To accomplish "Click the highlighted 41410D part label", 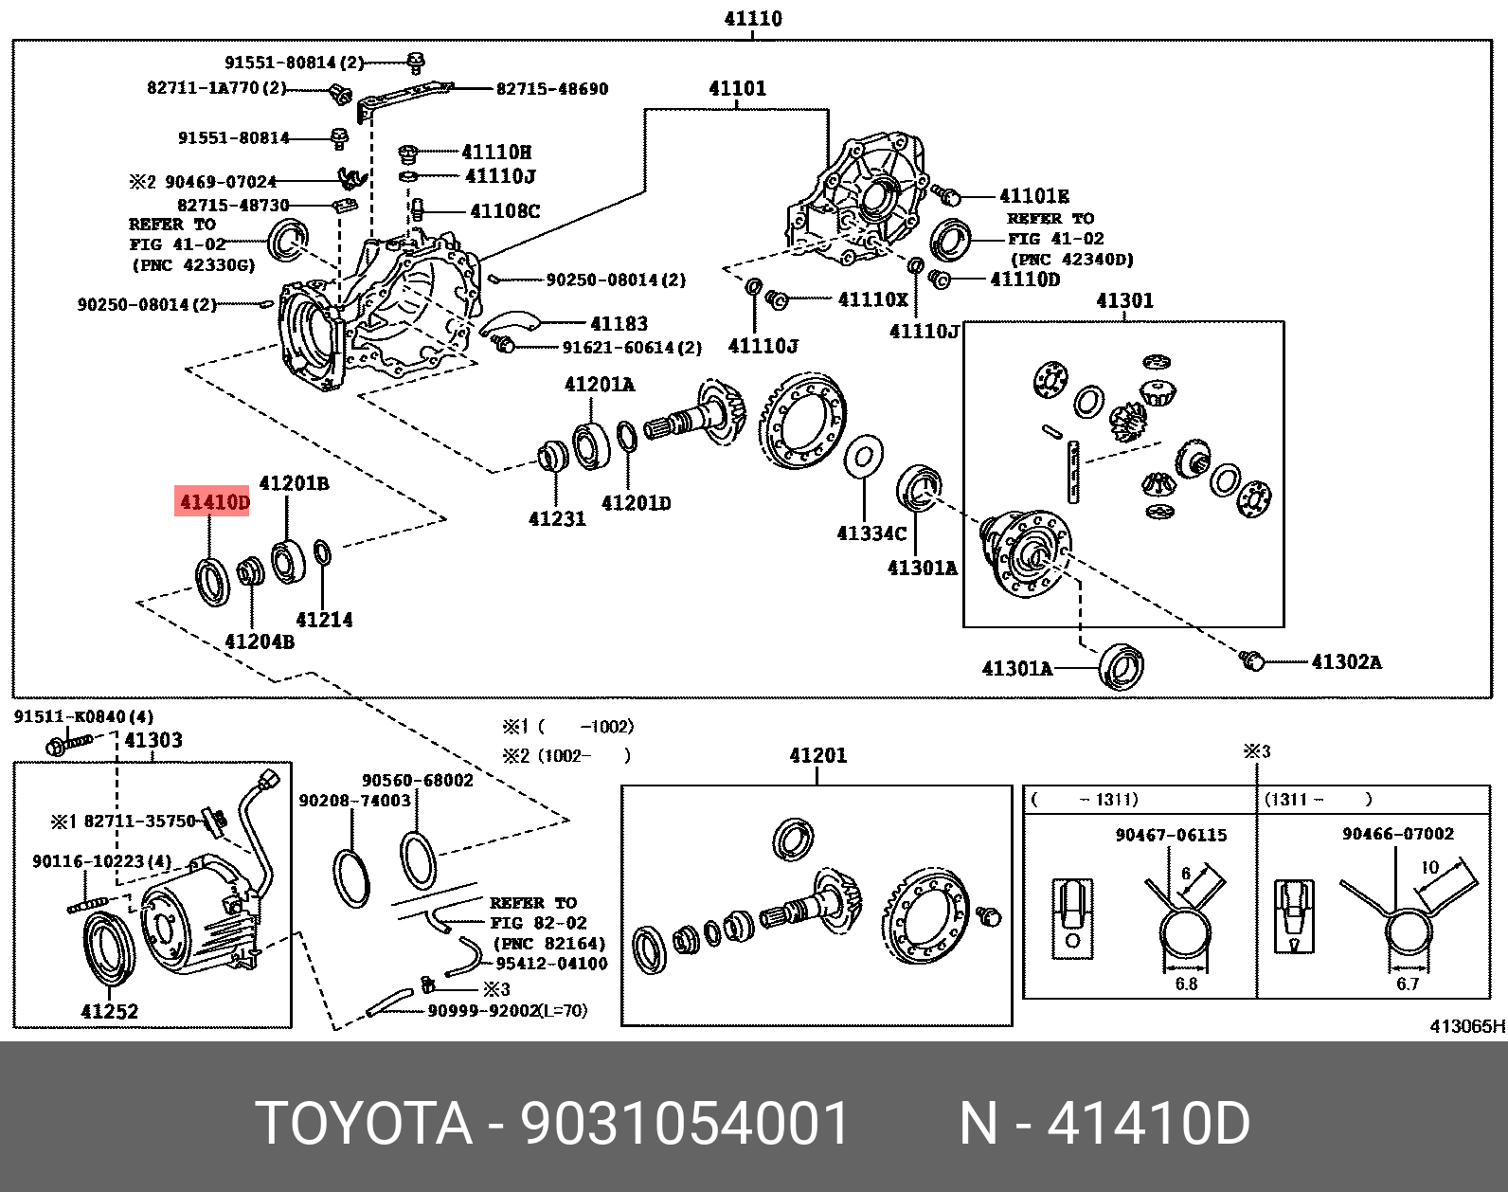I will (x=214, y=502).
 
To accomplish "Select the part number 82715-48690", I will (x=552, y=89).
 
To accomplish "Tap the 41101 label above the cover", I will (x=737, y=89).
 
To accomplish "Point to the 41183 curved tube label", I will (x=619, y=324).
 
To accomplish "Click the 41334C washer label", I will (x=871, y=533).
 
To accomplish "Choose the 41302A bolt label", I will (x=1346, y=662).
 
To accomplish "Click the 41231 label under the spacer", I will (x=557, y=519).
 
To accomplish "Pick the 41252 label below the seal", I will (x=110, y=1012).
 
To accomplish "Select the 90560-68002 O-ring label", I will (x=417, y=781).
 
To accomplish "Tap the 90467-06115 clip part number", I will (x=1171, y=835).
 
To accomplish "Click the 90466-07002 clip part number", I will (x=1397, y=834).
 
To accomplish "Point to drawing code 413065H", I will (x=1466, y=1026).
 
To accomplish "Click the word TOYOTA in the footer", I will (x=364, y=1124).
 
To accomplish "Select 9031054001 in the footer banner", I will (x=685, y=1124).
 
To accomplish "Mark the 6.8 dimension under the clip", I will (x=1186, y=984).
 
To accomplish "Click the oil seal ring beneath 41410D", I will (x=212, y=582).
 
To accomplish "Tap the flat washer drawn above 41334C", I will (x=863, y=459).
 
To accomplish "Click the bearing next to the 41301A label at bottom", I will (x=1122, y=666).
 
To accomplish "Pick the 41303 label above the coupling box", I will (x=153, y=740).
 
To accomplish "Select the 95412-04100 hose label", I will (x=550, y=964).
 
